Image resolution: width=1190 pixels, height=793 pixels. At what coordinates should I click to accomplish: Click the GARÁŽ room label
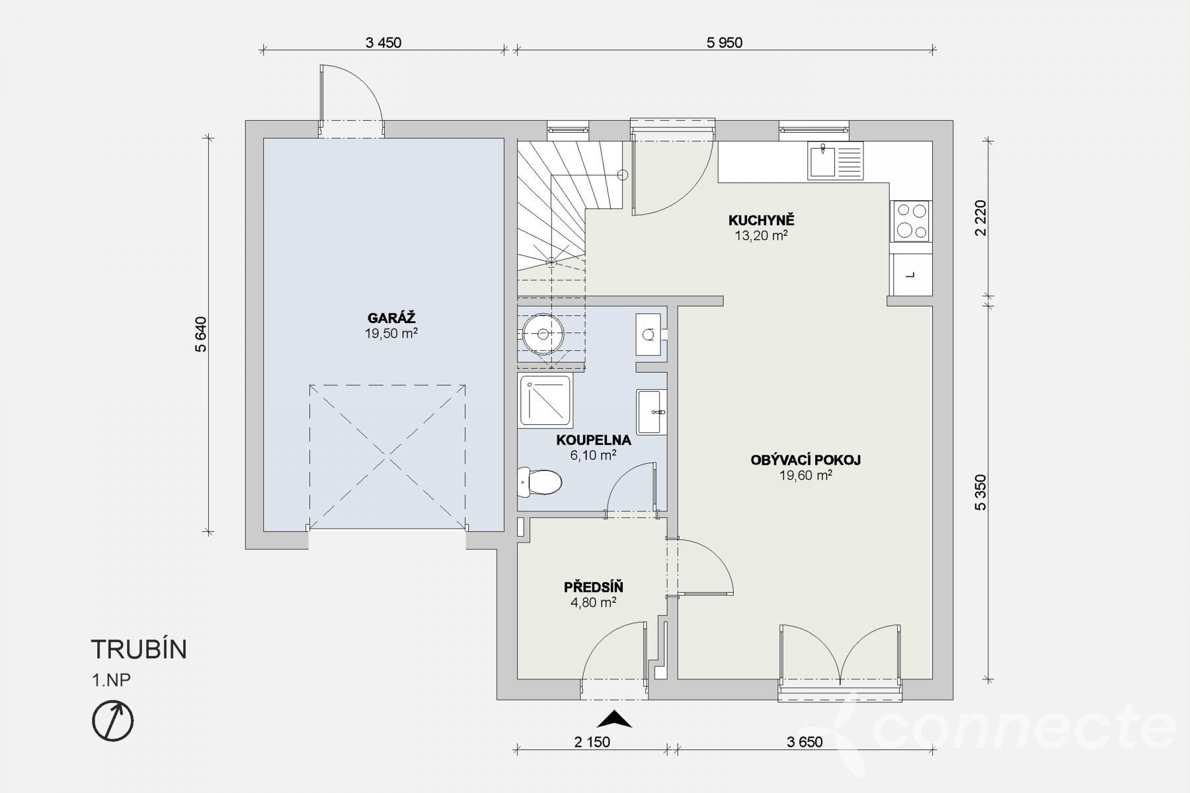click(x=391, y=318)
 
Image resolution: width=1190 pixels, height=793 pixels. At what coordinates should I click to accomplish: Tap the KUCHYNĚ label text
click(x=761, y=220)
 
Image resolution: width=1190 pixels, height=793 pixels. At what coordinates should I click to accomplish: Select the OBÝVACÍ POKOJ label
click(x=805, y=460)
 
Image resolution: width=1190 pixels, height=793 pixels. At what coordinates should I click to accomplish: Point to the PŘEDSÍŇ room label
click(x=593, y=587)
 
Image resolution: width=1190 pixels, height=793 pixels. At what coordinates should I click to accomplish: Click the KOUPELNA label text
click(x=593, y=440)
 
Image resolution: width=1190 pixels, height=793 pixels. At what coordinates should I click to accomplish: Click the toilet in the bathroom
click(x=539, y=482)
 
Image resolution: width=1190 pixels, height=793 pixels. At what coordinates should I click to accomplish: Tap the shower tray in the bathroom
click(x=545, y=400)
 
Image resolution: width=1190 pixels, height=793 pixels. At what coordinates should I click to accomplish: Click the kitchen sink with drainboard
click(x=835, y=161)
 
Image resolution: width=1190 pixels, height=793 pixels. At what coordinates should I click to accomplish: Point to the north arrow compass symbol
click(x=112, y=720)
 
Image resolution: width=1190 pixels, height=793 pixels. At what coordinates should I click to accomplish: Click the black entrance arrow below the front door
click(x=615, y=719)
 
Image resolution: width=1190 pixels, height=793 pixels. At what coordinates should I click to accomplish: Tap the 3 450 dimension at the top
click(x=383, y=43)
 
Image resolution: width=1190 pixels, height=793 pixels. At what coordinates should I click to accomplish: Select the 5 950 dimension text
click(x=725, y=43)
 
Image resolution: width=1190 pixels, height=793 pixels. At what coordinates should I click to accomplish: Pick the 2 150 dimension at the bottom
click(x=592, y=742)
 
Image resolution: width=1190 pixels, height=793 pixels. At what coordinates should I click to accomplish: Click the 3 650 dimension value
click(x=805, y=742)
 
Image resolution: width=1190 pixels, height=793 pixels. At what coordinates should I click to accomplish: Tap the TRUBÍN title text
click(x=139, y=650)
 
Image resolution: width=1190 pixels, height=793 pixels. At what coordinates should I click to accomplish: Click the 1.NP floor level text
click(x=111, y=681)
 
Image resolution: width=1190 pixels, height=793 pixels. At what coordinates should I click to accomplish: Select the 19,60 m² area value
click(x=805, y=475)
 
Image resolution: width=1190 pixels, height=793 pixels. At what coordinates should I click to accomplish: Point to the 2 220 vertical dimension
click(x=980, y=217)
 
